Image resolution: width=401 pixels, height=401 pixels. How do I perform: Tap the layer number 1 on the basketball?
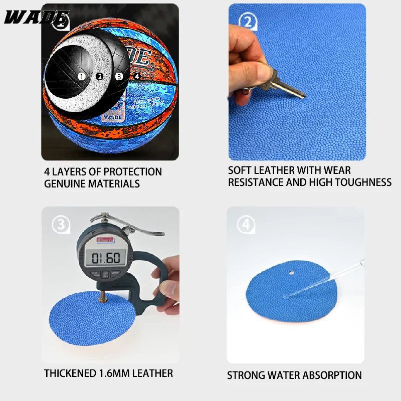pyautogui.click(x=81, y=77)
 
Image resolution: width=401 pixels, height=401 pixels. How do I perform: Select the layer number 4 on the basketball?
pyautogui.click(x=137, y=77)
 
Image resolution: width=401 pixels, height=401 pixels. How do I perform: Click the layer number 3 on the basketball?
pyautogui.click(x=119, y=77)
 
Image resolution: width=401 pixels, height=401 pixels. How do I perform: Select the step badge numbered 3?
pyautogui.click(x=61, y=225)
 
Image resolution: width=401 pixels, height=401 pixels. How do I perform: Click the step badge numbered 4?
pyautogui.click(x=246, y=225)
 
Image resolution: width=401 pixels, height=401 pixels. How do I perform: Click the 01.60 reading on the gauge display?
pyautogui.click(x=105, y=258)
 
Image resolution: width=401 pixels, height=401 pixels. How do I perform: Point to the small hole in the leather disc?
pyautogui.click(x=292, y=273)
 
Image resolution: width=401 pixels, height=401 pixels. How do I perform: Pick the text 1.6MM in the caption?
pyautogui.click(x=114, y=373)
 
